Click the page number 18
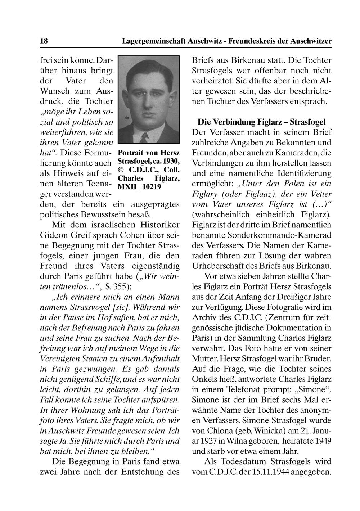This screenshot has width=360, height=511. pos(44,41)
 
